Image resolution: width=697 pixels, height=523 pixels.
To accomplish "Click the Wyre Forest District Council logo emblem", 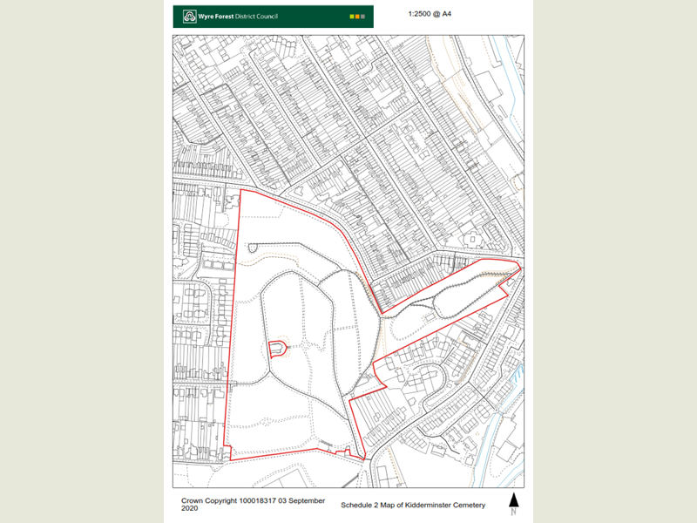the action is click(x=190, y=16).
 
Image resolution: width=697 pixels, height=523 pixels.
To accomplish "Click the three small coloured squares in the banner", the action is click(x=356, y=16).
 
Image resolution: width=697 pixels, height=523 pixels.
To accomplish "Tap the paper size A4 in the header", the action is click(x=457, y=15).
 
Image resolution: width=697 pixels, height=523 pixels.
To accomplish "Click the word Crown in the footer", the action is click(x=193, y=501).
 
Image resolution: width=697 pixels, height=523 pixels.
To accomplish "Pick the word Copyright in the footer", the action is click(x=226, y=501).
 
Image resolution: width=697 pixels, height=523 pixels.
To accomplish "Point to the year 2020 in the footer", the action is click(x=190, y=509).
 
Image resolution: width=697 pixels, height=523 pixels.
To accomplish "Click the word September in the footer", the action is click(x=308, y=501).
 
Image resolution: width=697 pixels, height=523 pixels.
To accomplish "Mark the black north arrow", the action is click(x=514, y=499).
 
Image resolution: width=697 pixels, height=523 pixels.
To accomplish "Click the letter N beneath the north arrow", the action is click(x=514, y=512).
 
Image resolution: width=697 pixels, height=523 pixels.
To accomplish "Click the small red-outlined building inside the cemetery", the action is click(x=278, y=349).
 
